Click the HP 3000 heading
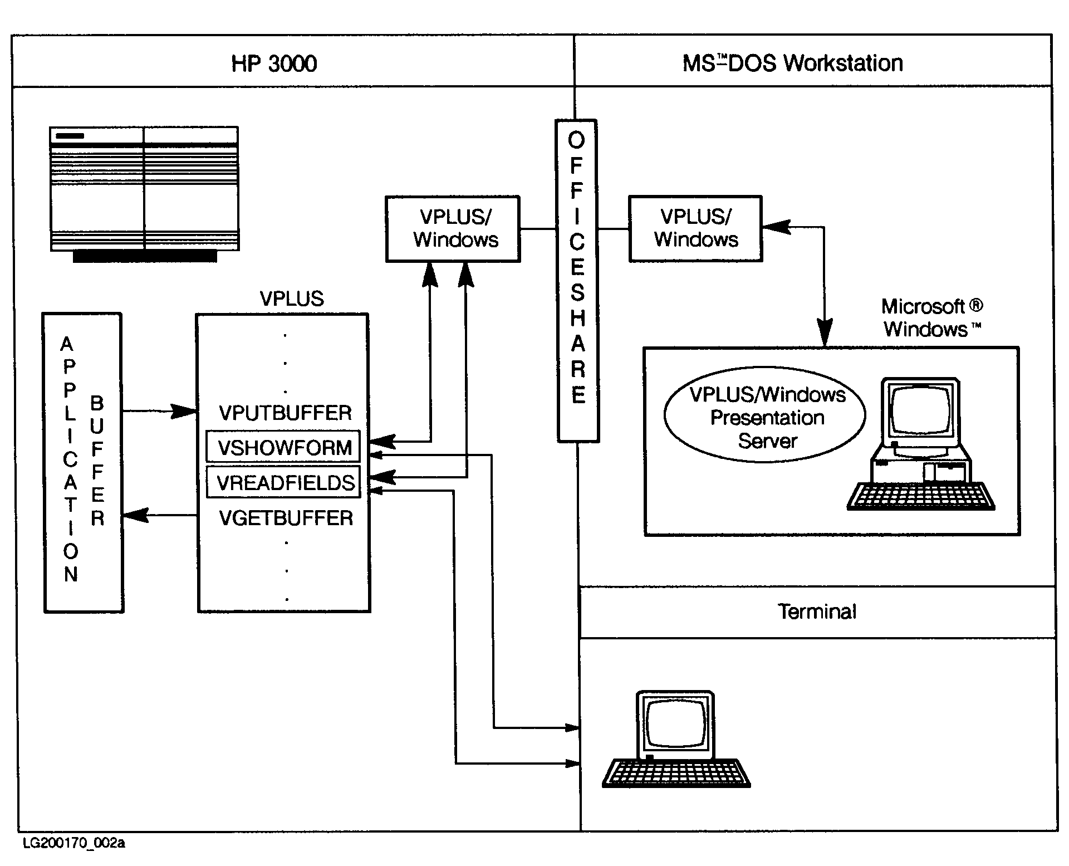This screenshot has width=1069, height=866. pyautogui.click(x=274, y=63)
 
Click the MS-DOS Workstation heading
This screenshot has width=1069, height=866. pyautogui.click(x=793, y=63)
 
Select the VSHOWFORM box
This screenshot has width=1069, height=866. pyautogui.click(x=283, y=447)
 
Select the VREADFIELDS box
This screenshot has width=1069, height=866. pyautogui.click(x=284, y=482)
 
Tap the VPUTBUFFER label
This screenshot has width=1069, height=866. pyautogui.click(x=285, y=413)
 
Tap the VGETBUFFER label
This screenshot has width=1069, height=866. pyautogui.click(x=286, y=518)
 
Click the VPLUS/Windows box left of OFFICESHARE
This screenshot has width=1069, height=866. pyautogui.click(x=453, y=228)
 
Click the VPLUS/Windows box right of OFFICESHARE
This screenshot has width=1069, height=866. pyautogui.click(x=695, y=228)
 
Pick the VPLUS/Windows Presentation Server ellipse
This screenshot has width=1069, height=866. pyautogui.click(x=765, y=418)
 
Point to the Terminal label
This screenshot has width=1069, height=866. pyautogui.click(x=817, y=611)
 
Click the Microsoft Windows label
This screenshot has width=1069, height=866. pyautogui.click(x=932, y=318)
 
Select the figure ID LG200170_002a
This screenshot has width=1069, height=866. pyautogui.click(x=74, y=843)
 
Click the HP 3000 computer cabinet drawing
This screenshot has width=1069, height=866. pyautogui.click(x=144, y=192)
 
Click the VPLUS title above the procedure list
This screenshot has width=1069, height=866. pyautogui.click(x=292, y=299)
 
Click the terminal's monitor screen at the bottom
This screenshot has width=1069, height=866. pyautogui.click(x=676, y=722)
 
